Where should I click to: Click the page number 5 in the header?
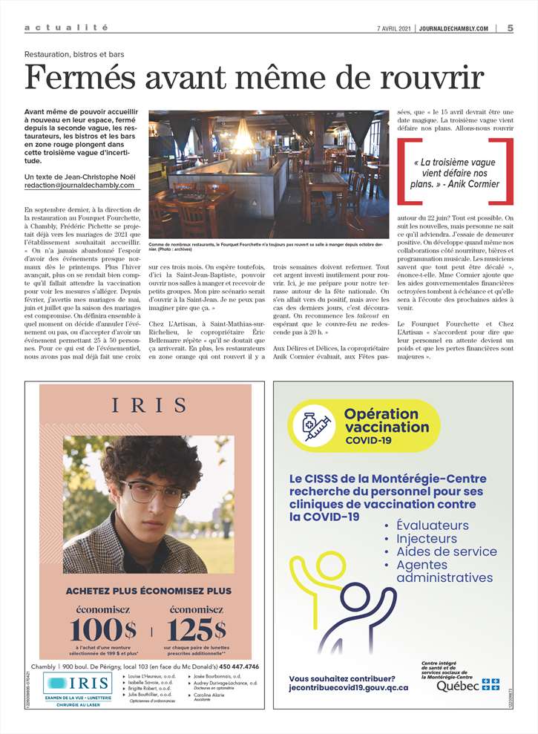pyautogui.click(x=511, y=28)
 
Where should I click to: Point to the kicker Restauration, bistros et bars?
pyautogui.click(x=73, y=54)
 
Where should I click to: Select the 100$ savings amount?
pyautogui.click(x=103, y=628)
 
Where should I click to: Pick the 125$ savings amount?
pyautogui.click(x=196, y=628)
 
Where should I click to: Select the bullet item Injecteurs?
pyautogui.click(x=427, y=539)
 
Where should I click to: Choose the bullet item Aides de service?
pyautogui.click(x=446, y=551)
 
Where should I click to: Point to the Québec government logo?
pyautogui.click(x=468, y=684)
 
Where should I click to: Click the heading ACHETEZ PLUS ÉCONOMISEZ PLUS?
pyautogui.click(x=148, y=591)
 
